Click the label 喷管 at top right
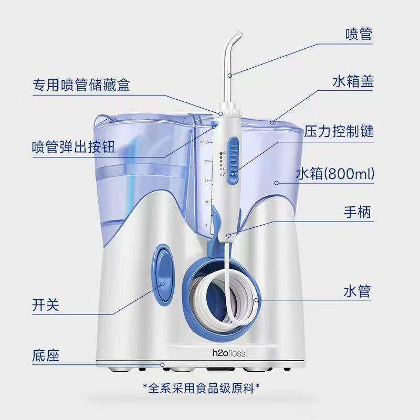[x=359, y=35]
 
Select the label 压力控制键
[x=339, y=131]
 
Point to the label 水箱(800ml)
[x=335, y=174]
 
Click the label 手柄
[x=359, y=213]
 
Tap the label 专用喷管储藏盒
[x=81, y=85]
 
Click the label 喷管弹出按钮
[x=73, y=146]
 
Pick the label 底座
[x=45, y=355]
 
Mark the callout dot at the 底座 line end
[x=163, y=364]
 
